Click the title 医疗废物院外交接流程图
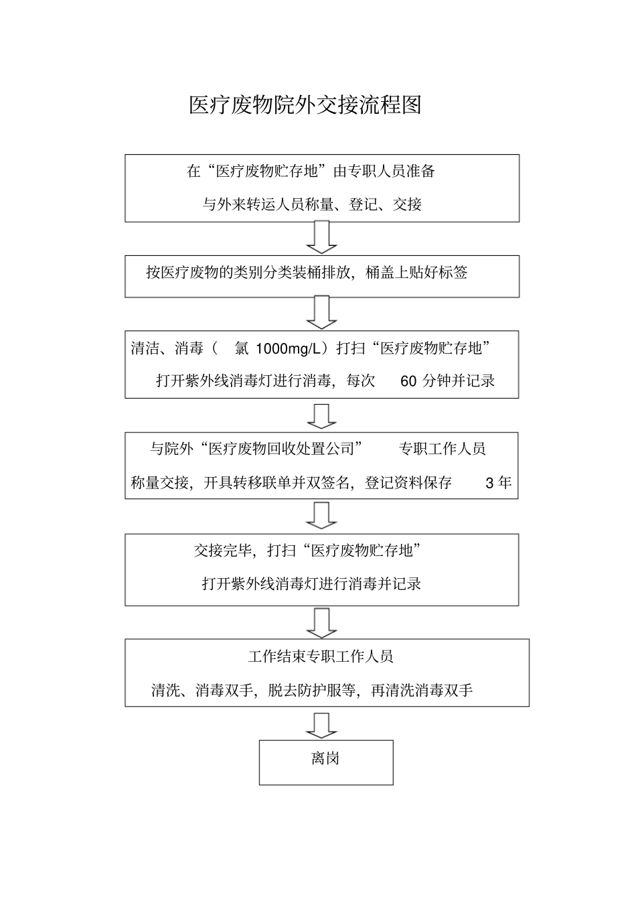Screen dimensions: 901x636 click(x=305, y=106)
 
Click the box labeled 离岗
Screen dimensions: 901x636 click(x=325, y=762)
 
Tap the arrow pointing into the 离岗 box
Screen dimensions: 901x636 click(x=322, y=725)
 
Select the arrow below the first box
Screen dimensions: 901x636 click(x=322, y=238)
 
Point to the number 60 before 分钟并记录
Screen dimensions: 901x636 click(x=408, y=381)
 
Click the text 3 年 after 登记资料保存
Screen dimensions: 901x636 click(x=497, y=482)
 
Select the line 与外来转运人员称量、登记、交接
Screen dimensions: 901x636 click(x=312, y=204)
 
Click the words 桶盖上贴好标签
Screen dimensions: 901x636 click(x=416, y=272)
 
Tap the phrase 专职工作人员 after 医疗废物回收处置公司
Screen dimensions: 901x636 click(x=442, y=449)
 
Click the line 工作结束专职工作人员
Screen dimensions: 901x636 click(x=321, y=656)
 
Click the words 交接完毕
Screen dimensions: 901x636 click(x=223, y=551)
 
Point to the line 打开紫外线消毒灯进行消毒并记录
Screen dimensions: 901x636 click(x=311, y=583)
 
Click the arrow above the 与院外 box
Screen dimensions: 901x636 click(x=322, y=415)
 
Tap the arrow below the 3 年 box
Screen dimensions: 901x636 click(x=322, y=515)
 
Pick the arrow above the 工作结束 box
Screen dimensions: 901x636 click(x=322, y=622)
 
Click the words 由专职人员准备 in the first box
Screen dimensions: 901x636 click(x=384, y=171)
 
